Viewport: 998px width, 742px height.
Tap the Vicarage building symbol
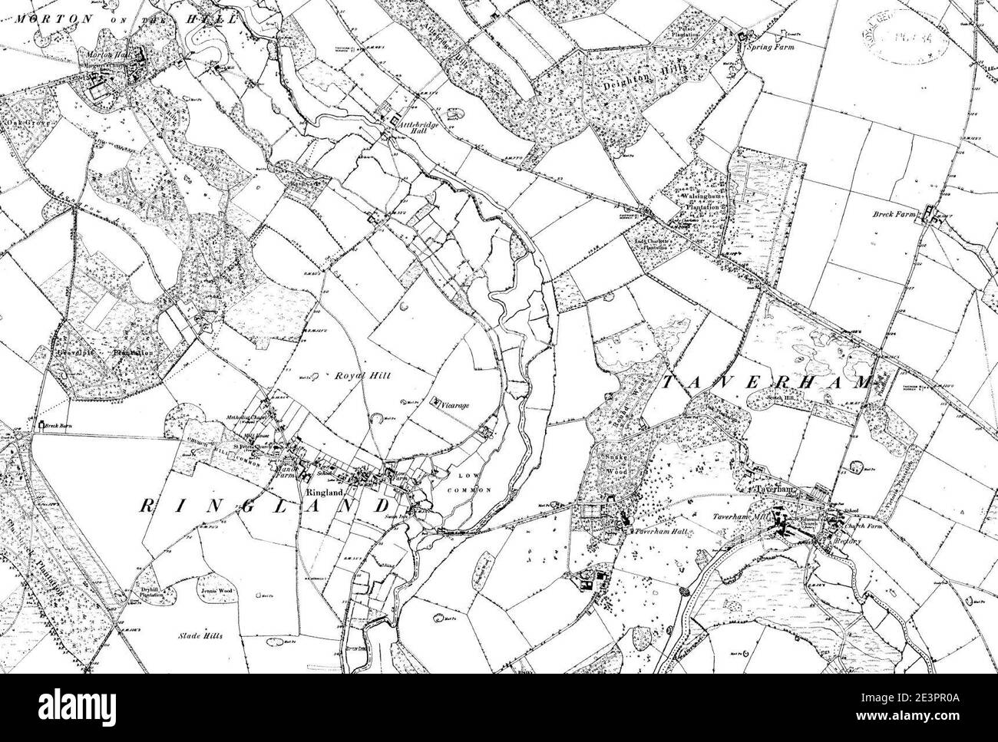click(x=435, y=401)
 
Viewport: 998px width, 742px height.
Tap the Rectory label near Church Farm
click(x=850, y=541)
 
